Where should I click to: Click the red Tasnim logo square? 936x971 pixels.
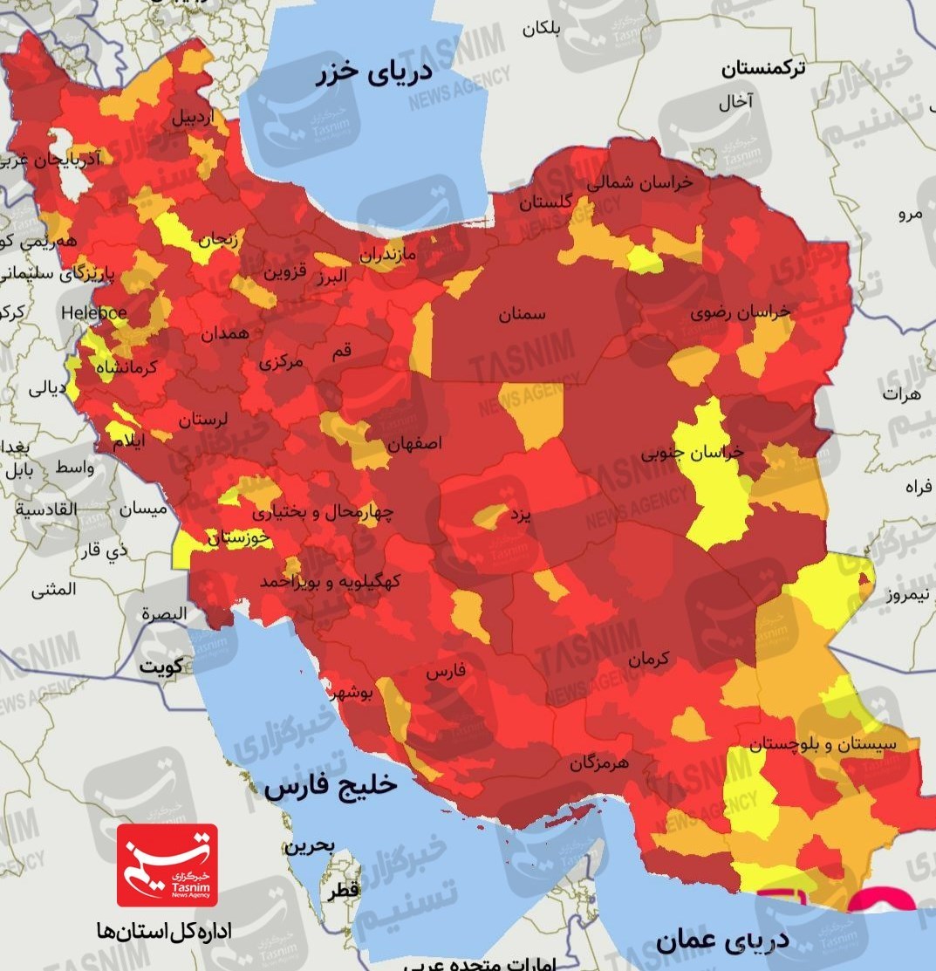tap(167, 865)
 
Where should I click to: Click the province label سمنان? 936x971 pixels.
tap(522, 315)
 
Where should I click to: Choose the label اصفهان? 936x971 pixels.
tap(414, 443)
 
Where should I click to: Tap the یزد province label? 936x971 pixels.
tap(520, 515)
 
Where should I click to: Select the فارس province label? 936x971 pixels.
tap(446, 672)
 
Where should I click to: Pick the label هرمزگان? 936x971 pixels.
tap(599, 763)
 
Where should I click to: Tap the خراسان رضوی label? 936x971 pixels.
tap(741, 311)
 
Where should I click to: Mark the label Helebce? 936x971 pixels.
tap(94, 312)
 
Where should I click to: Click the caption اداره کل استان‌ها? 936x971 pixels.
tap(165, 932)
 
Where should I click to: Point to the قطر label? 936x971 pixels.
tap(343, 892)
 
